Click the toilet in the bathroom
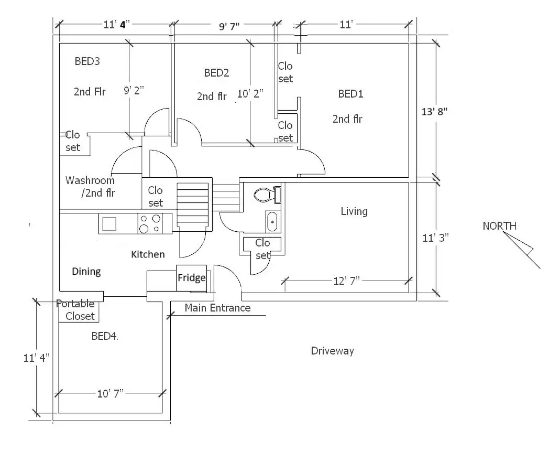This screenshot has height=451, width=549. (x=268, y=195)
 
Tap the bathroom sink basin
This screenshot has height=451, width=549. (x=272, y=221)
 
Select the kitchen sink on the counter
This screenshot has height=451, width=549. (x=109, y=223)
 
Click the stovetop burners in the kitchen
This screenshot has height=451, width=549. (x=150, y=223)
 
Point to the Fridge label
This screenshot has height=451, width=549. (x=192, y=278)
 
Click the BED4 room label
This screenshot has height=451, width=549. (x=104, y=336)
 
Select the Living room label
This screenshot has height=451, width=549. (x=354, y=211)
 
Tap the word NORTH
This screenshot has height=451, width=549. (x=500, y=226)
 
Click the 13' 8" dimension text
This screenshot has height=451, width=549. (x=434, y=111)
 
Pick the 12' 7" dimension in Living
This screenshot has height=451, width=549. (x=346, y=281)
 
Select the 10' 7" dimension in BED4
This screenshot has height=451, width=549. (x=111, y=393)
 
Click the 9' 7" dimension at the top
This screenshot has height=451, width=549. (x=229, y=26)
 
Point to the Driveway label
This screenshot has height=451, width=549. (x=332, y=351)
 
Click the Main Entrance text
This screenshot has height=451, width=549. (x=217, y=308)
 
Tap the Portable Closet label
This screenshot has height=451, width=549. (x=76, y=310)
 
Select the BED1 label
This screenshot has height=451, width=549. (x=350, y=94)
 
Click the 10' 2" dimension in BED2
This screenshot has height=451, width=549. (x=250, y=93)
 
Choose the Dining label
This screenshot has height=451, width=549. (x=86, y=272)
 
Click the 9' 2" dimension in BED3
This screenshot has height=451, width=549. (x=134, y=90)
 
